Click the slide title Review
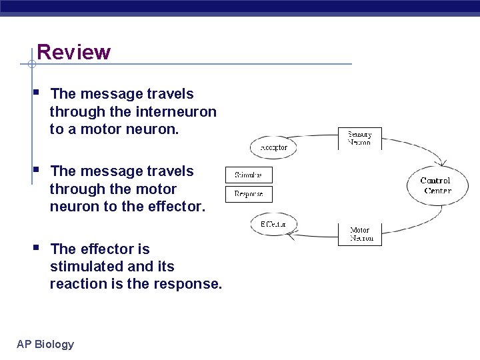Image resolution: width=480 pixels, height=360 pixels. (x=73, y=52)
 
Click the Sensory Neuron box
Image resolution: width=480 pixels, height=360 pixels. (x=360, y=138)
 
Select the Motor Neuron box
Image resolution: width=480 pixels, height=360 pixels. (x=360, y=235)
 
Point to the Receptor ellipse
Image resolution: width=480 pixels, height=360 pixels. (x=273, y=147)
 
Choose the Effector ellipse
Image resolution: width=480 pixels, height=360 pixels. (x=273, y=225)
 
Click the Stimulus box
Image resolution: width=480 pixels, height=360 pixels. (x=249, y=175)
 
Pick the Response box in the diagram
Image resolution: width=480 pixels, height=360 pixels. (x=249, y=194)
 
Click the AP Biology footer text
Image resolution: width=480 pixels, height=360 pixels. (x=45, y=344)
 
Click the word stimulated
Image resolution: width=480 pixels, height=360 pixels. (x=83, y=267)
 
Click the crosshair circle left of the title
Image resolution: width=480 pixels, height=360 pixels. (x=31, y=65)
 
